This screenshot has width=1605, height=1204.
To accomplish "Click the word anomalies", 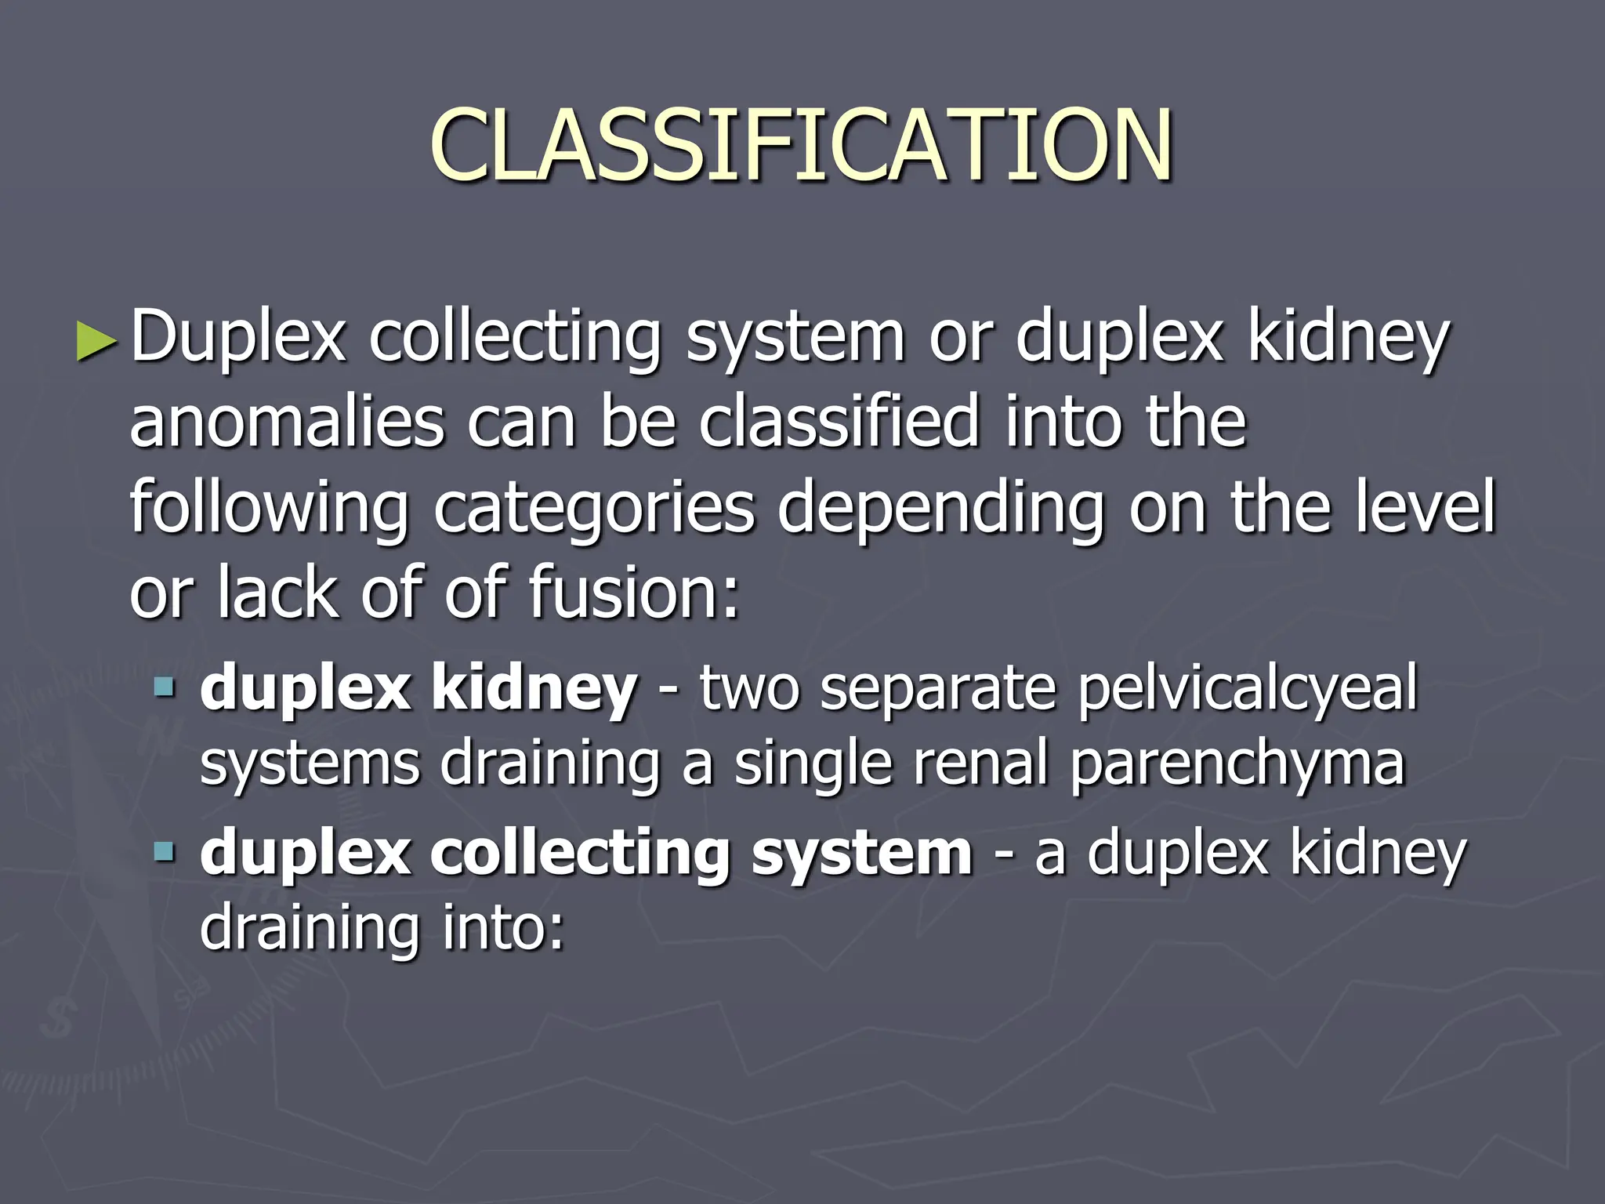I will [x=287, y=422].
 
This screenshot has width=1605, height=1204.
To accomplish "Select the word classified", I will [x=839, y=421].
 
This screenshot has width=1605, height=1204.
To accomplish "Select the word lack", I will [x=277, y=592].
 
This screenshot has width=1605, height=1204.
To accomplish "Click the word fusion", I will [x=633, y=592].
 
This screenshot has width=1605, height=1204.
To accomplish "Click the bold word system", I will [x=861, y=854].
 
